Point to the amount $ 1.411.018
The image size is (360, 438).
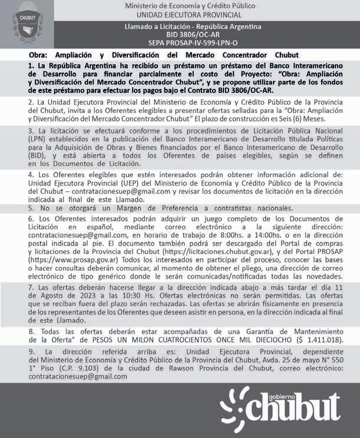pyautogui.click(x=327, y=340)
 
